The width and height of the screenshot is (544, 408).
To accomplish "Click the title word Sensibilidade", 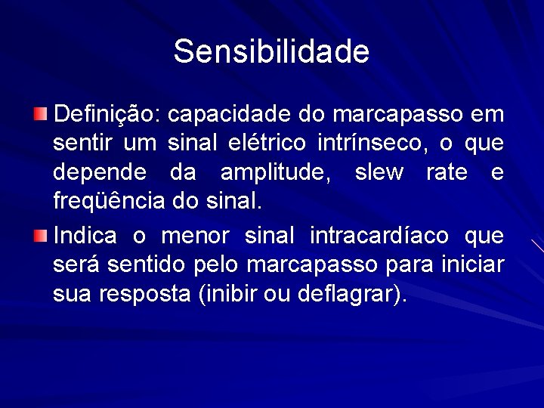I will [271, 51].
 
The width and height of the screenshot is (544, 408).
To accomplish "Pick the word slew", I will [379, 173].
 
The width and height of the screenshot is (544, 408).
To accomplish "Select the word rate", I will [447, 173].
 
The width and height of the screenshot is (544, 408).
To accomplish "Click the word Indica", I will [85, 236].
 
